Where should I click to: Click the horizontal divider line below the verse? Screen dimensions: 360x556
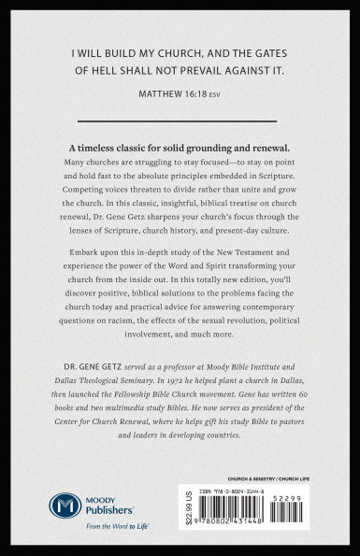click(x=180, y=119)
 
